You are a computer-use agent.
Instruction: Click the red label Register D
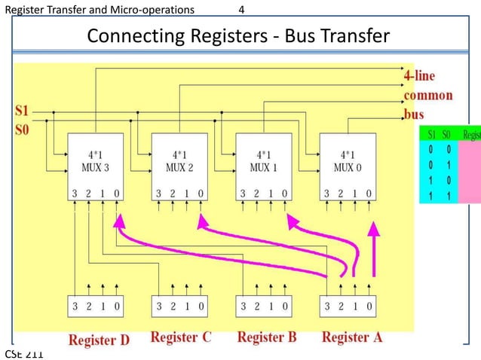coord(99,340)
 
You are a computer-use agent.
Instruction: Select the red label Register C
coord(181,337)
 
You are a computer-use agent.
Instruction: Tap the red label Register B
coord(267,337)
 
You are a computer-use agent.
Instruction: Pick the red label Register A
coord(352,337)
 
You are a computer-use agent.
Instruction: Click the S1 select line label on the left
coord(23,111)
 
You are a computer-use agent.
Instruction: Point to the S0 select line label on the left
coord(23,129)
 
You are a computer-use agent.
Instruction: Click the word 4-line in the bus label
coord(419,77)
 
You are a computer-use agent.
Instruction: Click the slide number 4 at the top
coord(240,9)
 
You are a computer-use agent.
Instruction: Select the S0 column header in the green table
coord(447,135)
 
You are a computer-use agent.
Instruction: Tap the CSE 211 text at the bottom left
coord(24,354)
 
